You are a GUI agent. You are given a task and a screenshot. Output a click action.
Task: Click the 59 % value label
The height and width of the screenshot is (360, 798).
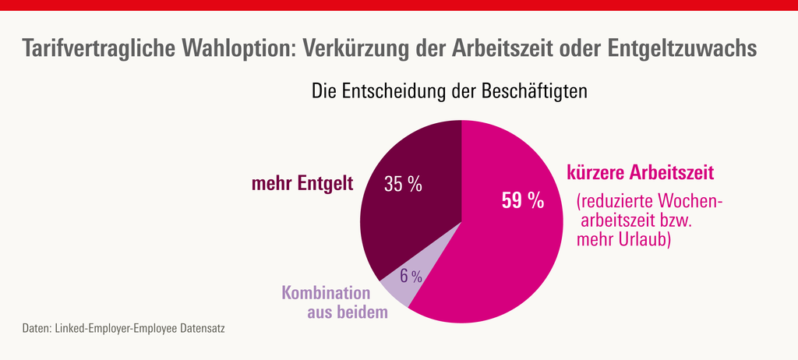[522, 201]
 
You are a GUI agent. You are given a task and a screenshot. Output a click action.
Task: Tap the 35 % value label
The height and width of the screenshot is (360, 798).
[403, 185]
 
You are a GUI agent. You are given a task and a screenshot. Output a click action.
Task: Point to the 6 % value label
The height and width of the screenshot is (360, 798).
[411, 276]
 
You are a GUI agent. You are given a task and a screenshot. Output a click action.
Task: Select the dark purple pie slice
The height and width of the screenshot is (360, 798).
[413, 218]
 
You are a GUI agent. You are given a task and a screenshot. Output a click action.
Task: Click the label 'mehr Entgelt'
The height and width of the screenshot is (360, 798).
[302, 184]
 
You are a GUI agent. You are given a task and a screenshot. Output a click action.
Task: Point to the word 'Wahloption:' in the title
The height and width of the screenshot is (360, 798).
[237, 49]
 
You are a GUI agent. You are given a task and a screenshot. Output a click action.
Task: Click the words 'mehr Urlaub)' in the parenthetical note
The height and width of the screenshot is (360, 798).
[623, 241]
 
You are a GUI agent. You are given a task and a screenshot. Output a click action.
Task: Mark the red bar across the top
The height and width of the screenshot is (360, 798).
[399, 5]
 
